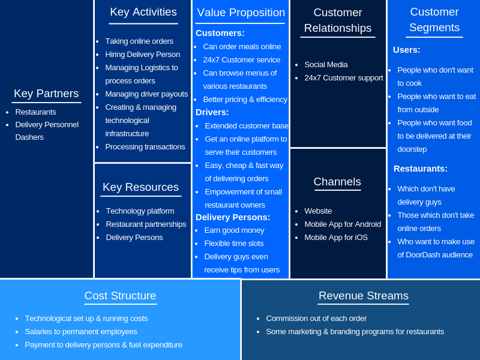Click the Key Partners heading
(46, 94)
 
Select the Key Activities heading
(143, 12)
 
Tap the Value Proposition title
(241, 13)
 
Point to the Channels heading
(337, 182)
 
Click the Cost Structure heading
(120, 296)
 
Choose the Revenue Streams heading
(364, 296)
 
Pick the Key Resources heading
(140, 187)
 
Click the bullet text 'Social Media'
(326, 65)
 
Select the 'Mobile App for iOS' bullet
(336, 238)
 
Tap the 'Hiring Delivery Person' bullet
(142, 55)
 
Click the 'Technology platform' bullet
(140, 211)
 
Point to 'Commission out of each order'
(316, 319)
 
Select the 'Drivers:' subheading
(212, 112)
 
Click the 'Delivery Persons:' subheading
(233, 217)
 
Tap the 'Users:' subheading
(407, 50)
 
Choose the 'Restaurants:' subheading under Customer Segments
(421, 169)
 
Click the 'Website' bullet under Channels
(318, 211)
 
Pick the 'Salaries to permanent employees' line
(81, 332)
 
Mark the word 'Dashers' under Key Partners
(29, 137)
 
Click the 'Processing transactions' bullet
(145, 147)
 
